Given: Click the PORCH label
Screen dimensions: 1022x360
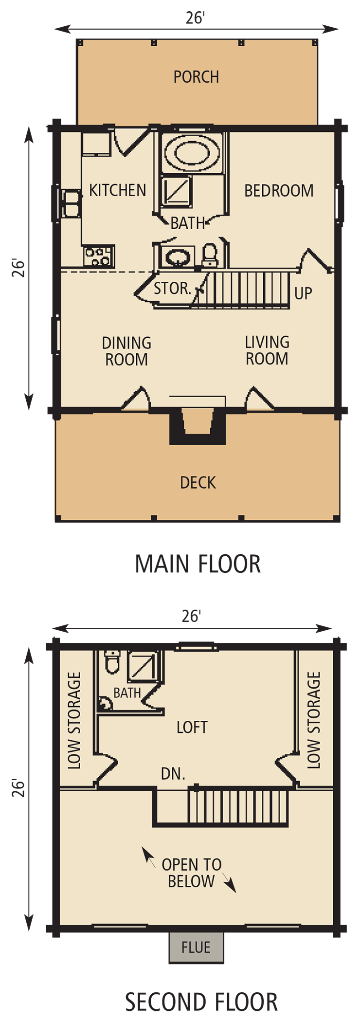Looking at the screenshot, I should pos(196,77).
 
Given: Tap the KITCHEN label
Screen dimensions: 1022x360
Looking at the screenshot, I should pos(118,190).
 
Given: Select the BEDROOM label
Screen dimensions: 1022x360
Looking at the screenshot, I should pos(279,191).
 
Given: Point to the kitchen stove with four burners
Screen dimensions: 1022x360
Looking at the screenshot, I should pos(99,256).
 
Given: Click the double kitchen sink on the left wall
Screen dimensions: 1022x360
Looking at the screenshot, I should pos(71,203).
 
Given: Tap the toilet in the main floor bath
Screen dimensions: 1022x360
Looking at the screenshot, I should pos(210,255).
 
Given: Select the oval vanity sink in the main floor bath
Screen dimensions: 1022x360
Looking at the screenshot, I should pos(177,256).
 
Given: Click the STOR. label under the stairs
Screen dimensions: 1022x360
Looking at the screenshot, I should pos(172,289).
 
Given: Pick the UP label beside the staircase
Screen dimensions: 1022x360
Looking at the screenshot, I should pos(303,293).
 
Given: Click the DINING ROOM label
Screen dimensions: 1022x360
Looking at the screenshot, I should pos(126,351).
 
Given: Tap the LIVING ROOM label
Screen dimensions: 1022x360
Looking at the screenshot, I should pos(267,350).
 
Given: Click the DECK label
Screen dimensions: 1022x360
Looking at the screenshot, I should pos(198,482).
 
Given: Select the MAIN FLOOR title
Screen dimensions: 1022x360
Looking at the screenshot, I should pos(198,564).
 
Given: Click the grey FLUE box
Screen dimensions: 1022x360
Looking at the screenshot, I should pos(196,947).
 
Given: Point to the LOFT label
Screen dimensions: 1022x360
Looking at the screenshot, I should pos(192,727).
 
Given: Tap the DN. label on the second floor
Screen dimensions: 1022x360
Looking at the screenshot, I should pos(173,773).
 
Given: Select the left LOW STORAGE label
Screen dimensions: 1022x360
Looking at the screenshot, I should pos(74,720).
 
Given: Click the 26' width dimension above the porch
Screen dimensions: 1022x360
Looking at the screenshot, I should pos(195,18).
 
